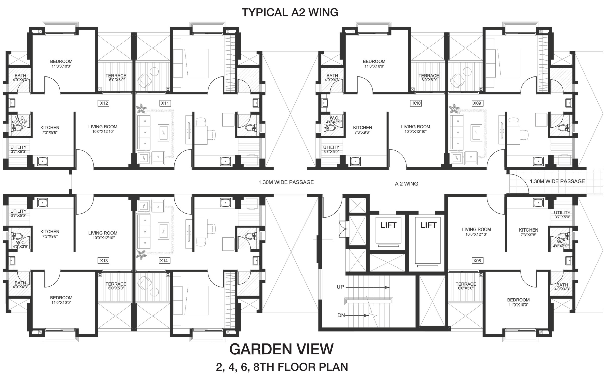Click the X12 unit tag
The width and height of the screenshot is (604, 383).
pyautogui.click(x=104, y=103)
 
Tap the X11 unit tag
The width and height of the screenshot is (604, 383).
pyautogui.click(x=165, y=103)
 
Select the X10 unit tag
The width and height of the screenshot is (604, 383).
pyautogui.click(x=417, y=103)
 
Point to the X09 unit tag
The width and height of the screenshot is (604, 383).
pyautogui.click(x=477, y=103)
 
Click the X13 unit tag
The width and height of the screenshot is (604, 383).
pyautogui.click(x=104, y=261)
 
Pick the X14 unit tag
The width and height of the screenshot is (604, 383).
pyautogui.click(x=164, y=261)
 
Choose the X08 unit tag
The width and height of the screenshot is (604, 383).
pyautogui.click(x=477, y=261)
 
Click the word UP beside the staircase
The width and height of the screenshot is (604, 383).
pyautogui.click(x=340, y=287)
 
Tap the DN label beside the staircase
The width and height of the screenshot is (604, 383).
pyautogui.click(x=341, y=315)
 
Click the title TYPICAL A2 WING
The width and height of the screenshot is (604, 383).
pyautogui.click(x=290, y=12)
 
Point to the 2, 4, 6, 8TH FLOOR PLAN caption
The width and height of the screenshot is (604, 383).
pyautogui.click(x=282, y=367)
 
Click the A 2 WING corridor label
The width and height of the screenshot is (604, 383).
pyautogui.click(x=406, y=184)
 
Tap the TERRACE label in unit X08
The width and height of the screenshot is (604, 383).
pyautogui.click(x=466, y=284)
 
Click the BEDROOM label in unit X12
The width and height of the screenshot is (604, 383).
pyautogui.click(x=61, y=61)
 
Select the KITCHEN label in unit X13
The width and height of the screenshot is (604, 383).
pyautogui.click(x=50, y=232)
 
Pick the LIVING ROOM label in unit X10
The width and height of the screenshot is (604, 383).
pyautogui.click(x=416, y=127)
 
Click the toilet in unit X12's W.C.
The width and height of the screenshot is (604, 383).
pyautogui.click(x=17, y=128)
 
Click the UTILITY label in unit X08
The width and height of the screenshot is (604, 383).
pyautogui.click(x=562, y=213)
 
